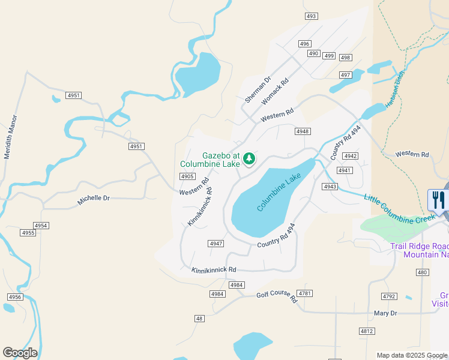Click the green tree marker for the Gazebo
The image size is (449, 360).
pyautogui.click(x=249, y=159)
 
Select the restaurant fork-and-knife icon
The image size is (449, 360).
pyautogui.click(x=437, y=200)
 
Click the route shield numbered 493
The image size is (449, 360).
pyautogui.click(x=311, y=16)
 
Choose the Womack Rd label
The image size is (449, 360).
pyautogui.click(x=275, y=92)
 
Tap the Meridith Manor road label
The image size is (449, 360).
pyautogui.click(x=11, y=137)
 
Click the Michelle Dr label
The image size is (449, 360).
pyautogui.click(x=94, y=200)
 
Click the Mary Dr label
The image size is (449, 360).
pyautogui.click(x=385, y=313)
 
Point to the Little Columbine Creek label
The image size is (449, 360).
pyautogui.click(x=399, y=209)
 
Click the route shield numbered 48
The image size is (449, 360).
pyautogui.click(x=199, y=318)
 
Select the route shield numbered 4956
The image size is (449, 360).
pyautogui.click(x=15, y=297)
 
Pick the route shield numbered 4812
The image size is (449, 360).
pyautogui.click(x=367, y=331)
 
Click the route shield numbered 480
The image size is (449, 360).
pyautogui.click(x=423, y=272)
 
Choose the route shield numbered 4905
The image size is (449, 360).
pyautogui.click(x=187, y=176)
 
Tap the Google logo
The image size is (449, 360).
pyautogui.click(x=20, y=353)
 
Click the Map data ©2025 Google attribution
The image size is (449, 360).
pyautogui.click(x=412, y=355)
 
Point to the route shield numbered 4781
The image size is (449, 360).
pyautogui.click(x=306, y=293)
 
